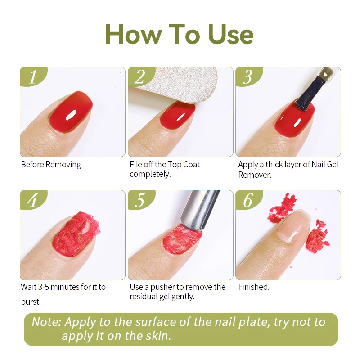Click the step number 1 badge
pyautogui.click(x=32, y=76)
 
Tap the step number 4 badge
pyautogui.click(x=32, y=200)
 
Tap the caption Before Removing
pyautogui.click(x=51, y=165)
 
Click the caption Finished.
pyautogui.click(x=254, y=287)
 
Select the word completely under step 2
pyautogui.click(x=150, y=174)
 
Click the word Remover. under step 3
pyautogui.click(x=255, y=175)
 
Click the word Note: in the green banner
pyautogui.click(x=47, y=322)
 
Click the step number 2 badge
pyautogui.click(x=140, y=76)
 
